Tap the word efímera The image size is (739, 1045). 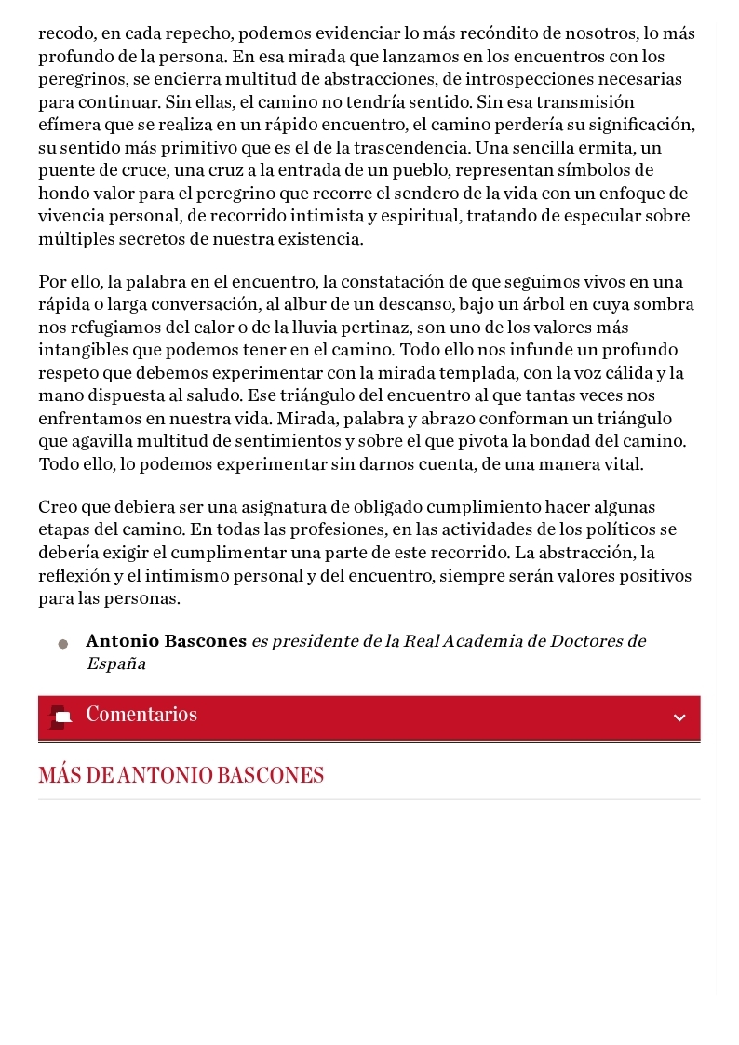pyautogui.click(x=66, y=126)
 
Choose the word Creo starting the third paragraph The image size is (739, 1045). pyautogui.click(x=55, y=508)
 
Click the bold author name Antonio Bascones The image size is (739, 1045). pyautogui.click(x=166, y=642)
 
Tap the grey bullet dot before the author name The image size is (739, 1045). pyautogui.click(x=63, y=644)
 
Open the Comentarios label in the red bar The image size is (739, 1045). pyautogui.click(x=141, y=716)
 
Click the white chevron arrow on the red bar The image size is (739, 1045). pyautogui.click(x=679, y=717)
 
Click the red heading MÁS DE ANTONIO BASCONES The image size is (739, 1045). pyautogui.click(x=181, y=776)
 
